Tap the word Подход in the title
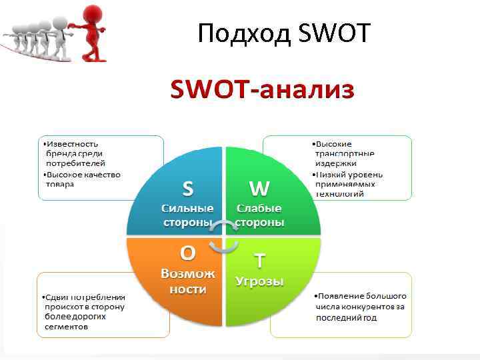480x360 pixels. click(x=243, y=33)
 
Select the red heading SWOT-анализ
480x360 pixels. click(x=262, y=89)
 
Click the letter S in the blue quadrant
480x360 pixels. click(x=188, y=189)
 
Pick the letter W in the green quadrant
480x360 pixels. click(x=259, y=189)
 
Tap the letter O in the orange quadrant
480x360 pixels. click(x=188, y=253)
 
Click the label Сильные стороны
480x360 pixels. click(x=188, y=215)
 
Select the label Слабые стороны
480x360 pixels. click(x=259, y=215)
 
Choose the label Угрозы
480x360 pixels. click(x=259, y=281)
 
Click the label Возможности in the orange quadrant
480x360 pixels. click(x=188, y=281)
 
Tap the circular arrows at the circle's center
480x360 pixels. click(x=223, y=237)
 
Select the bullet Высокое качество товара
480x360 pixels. click(x=81, y=179)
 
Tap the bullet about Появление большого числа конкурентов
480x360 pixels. click(x=360, y=306)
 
